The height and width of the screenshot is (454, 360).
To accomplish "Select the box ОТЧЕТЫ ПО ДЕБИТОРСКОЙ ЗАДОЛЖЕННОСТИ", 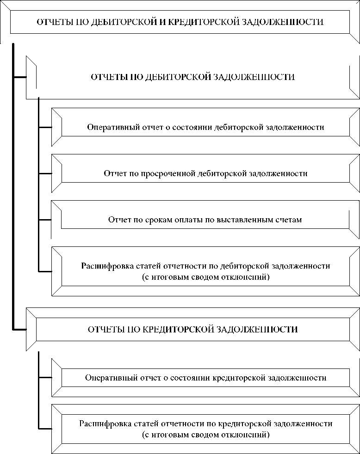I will point(192,77).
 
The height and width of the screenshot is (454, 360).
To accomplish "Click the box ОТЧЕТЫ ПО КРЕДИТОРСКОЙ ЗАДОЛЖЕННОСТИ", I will point(192,330).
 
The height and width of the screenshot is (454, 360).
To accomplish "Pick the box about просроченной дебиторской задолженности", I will point(205,174).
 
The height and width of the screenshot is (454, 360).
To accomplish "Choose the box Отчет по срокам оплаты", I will point(205,220).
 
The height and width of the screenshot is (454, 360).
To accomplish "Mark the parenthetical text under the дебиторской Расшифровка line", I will point(205,277).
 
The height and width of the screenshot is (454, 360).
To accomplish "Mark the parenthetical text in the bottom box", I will point(205,435).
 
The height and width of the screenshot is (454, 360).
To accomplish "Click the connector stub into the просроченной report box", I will point(45,174).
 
